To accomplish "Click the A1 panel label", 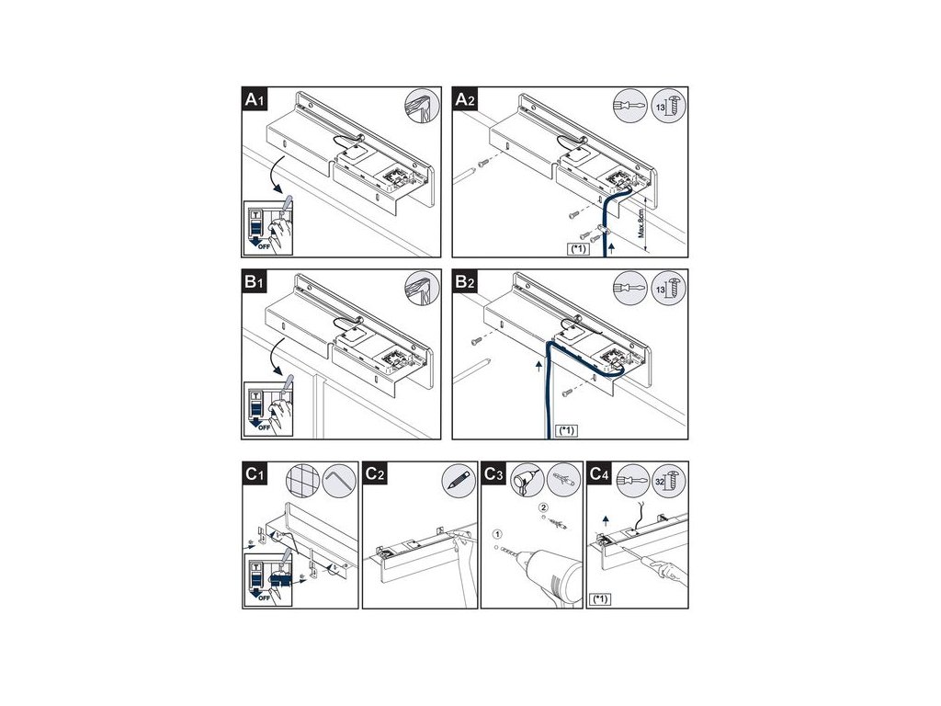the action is pyautogui.click(x=254, y=100).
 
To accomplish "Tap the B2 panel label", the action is pyautogui.click(x=469, y=283).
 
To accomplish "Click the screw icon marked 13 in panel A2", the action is pyautogui.click(x=668, y=106).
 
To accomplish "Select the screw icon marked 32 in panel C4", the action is pyautogui.click(x=668, y=479).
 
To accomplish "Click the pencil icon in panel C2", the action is pyautogui.click(x=456, y=479).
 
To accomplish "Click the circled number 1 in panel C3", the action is pyautogui.click(x=498, y=534).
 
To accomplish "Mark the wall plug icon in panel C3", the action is pyautogui.click(x=562, y=479).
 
